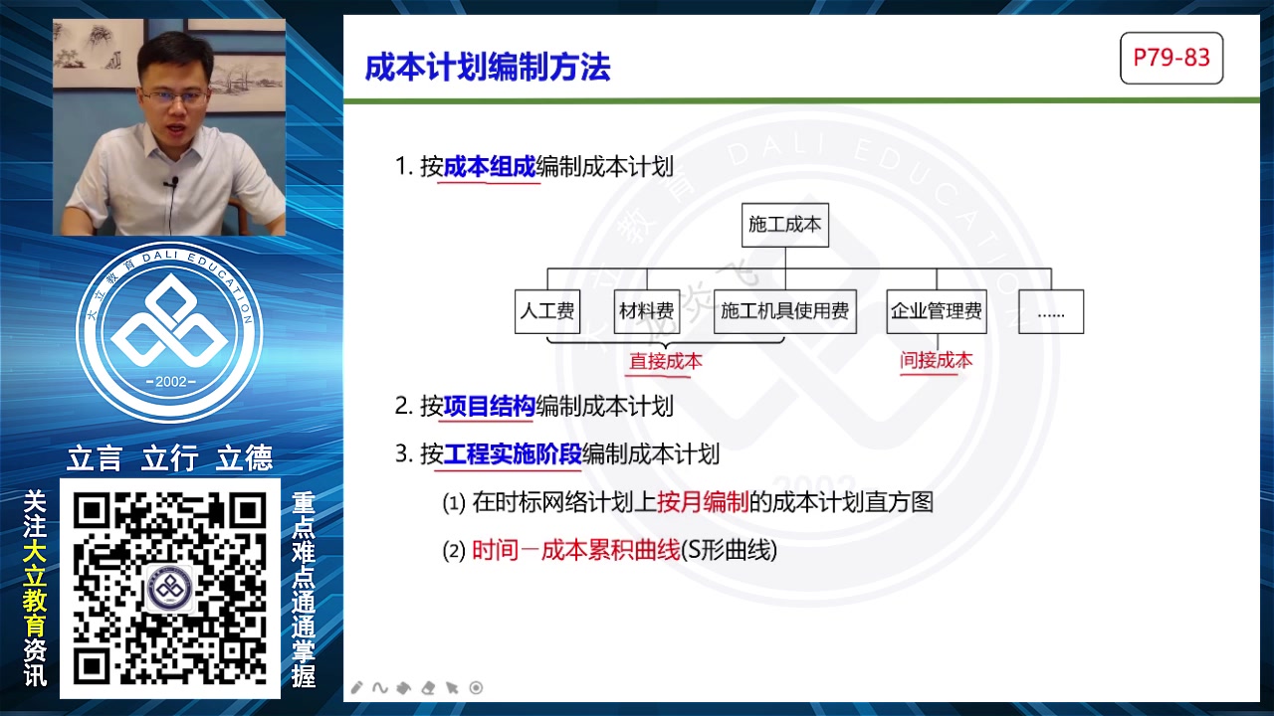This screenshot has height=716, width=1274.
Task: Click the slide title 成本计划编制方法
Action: click(488, 67)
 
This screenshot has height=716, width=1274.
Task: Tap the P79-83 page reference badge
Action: click(1171, 58)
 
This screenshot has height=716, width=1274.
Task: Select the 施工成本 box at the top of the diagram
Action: click(785, 225)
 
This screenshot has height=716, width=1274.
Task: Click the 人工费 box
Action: click(547, 311)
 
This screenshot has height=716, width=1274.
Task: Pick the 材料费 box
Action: click(647, 311)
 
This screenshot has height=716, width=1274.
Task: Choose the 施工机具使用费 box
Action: click(785, 311)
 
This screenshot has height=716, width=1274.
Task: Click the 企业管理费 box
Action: click(936, 311)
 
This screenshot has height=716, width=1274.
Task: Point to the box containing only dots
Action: click(1051, 311)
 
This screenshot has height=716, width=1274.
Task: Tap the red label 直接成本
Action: click(666, 362)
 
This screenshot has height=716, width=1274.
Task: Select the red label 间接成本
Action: click(937, 360)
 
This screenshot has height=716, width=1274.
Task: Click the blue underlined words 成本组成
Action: click(490, 166)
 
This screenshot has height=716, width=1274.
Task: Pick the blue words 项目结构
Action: click(490, 406)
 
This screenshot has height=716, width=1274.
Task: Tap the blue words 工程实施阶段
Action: click(513, 454)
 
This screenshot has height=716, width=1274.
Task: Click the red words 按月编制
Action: click(703, 502)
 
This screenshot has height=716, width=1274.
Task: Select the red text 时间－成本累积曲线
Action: click(575, 550)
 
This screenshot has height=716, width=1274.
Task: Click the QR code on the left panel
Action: click(170, 588)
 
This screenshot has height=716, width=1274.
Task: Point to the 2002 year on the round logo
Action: click(169, 383)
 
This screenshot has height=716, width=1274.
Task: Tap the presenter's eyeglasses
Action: click(174, 97)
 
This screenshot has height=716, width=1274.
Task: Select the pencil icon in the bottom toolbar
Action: click(357, 687)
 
